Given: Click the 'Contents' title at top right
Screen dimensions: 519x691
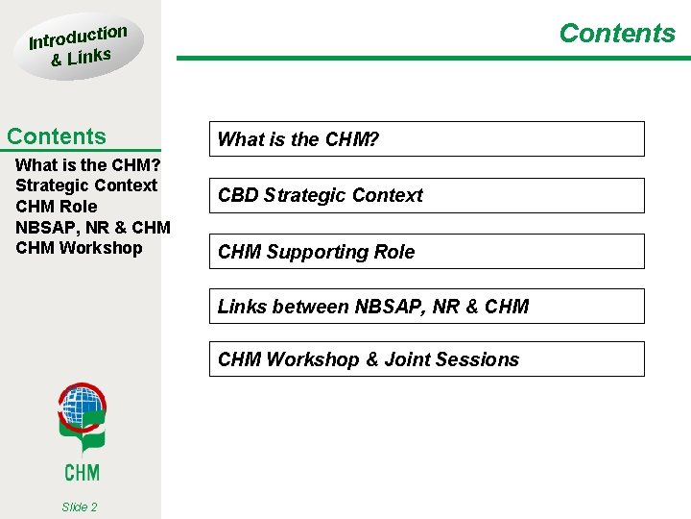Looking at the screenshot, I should click(x=617, y=34).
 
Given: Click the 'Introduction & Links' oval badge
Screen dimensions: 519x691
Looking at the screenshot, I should click(x=79, y=46).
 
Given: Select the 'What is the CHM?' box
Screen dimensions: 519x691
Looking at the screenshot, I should click(x=427, y=139).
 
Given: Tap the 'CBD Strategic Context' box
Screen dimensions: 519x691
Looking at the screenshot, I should click(x=427, y=195).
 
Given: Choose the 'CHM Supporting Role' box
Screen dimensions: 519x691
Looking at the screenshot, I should click(x=427, y=252).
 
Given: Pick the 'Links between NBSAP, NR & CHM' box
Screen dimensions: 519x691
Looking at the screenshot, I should click(x=427, y=307).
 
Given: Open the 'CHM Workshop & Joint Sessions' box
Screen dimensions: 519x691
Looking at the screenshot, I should click(x=427, y=359).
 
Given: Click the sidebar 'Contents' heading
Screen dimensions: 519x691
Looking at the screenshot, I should click(x=57, y=136).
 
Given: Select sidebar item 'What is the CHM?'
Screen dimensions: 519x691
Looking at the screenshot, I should click(x=87, y=164).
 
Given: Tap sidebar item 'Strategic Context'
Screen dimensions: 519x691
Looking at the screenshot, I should click(x=86, y=185).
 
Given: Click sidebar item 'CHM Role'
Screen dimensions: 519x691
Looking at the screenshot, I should click(x=57, y=207).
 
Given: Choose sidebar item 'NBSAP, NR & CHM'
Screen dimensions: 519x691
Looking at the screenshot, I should click(x=93, y=228).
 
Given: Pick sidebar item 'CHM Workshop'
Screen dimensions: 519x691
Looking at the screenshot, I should click(x=79, y=248).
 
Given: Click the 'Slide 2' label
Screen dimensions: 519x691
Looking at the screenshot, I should click(x=79, y=507).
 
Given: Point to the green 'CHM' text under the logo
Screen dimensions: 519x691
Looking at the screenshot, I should click(x=82, y=471).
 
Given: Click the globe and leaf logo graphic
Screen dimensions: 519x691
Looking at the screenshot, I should click(x=82, y=418).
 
